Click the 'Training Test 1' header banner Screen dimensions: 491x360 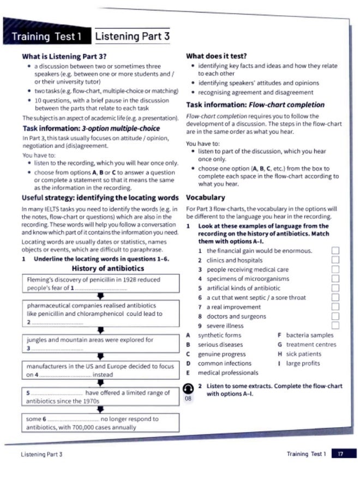[x=46, y=37]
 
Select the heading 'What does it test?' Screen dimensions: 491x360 [x=217, y=56]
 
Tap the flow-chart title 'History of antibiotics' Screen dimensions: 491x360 [x=108, y=268]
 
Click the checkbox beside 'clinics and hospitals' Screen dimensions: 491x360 [x=335, y=260]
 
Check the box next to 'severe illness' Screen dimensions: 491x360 [x=335, y=326]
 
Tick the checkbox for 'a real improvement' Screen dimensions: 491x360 [x=335, y=307]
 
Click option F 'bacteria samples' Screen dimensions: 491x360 [x=309, y=335]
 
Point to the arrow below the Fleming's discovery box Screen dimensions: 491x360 [x=100, y=297]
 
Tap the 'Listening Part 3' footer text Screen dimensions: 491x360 [x=42, y=454]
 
